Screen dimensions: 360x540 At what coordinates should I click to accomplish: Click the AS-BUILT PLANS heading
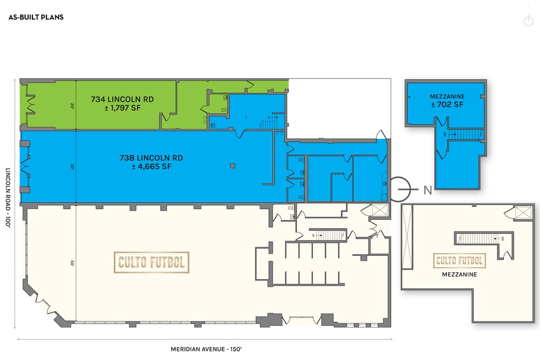pos(36,17)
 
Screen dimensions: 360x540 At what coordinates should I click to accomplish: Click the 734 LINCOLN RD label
pos(122,99)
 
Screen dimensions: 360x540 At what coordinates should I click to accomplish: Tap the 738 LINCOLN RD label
pos(151,157)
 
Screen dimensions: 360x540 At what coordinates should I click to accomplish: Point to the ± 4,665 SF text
pos(151,167)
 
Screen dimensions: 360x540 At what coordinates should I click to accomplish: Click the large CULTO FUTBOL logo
pos(151,262)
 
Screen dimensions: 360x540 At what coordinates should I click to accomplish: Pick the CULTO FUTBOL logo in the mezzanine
pos(459,260)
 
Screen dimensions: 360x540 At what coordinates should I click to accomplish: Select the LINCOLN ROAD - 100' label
pos(9,198)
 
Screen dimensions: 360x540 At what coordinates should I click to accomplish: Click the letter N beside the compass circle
pos(427,190)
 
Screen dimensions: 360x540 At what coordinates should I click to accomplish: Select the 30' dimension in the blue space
pos(72,165)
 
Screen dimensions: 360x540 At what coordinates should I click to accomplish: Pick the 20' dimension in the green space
pos(72,105)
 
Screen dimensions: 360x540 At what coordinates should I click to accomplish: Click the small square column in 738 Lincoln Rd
pos(232,165)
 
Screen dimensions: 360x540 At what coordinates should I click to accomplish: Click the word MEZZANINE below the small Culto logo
pos(459,275)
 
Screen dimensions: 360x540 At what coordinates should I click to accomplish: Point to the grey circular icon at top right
pos(528,21)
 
